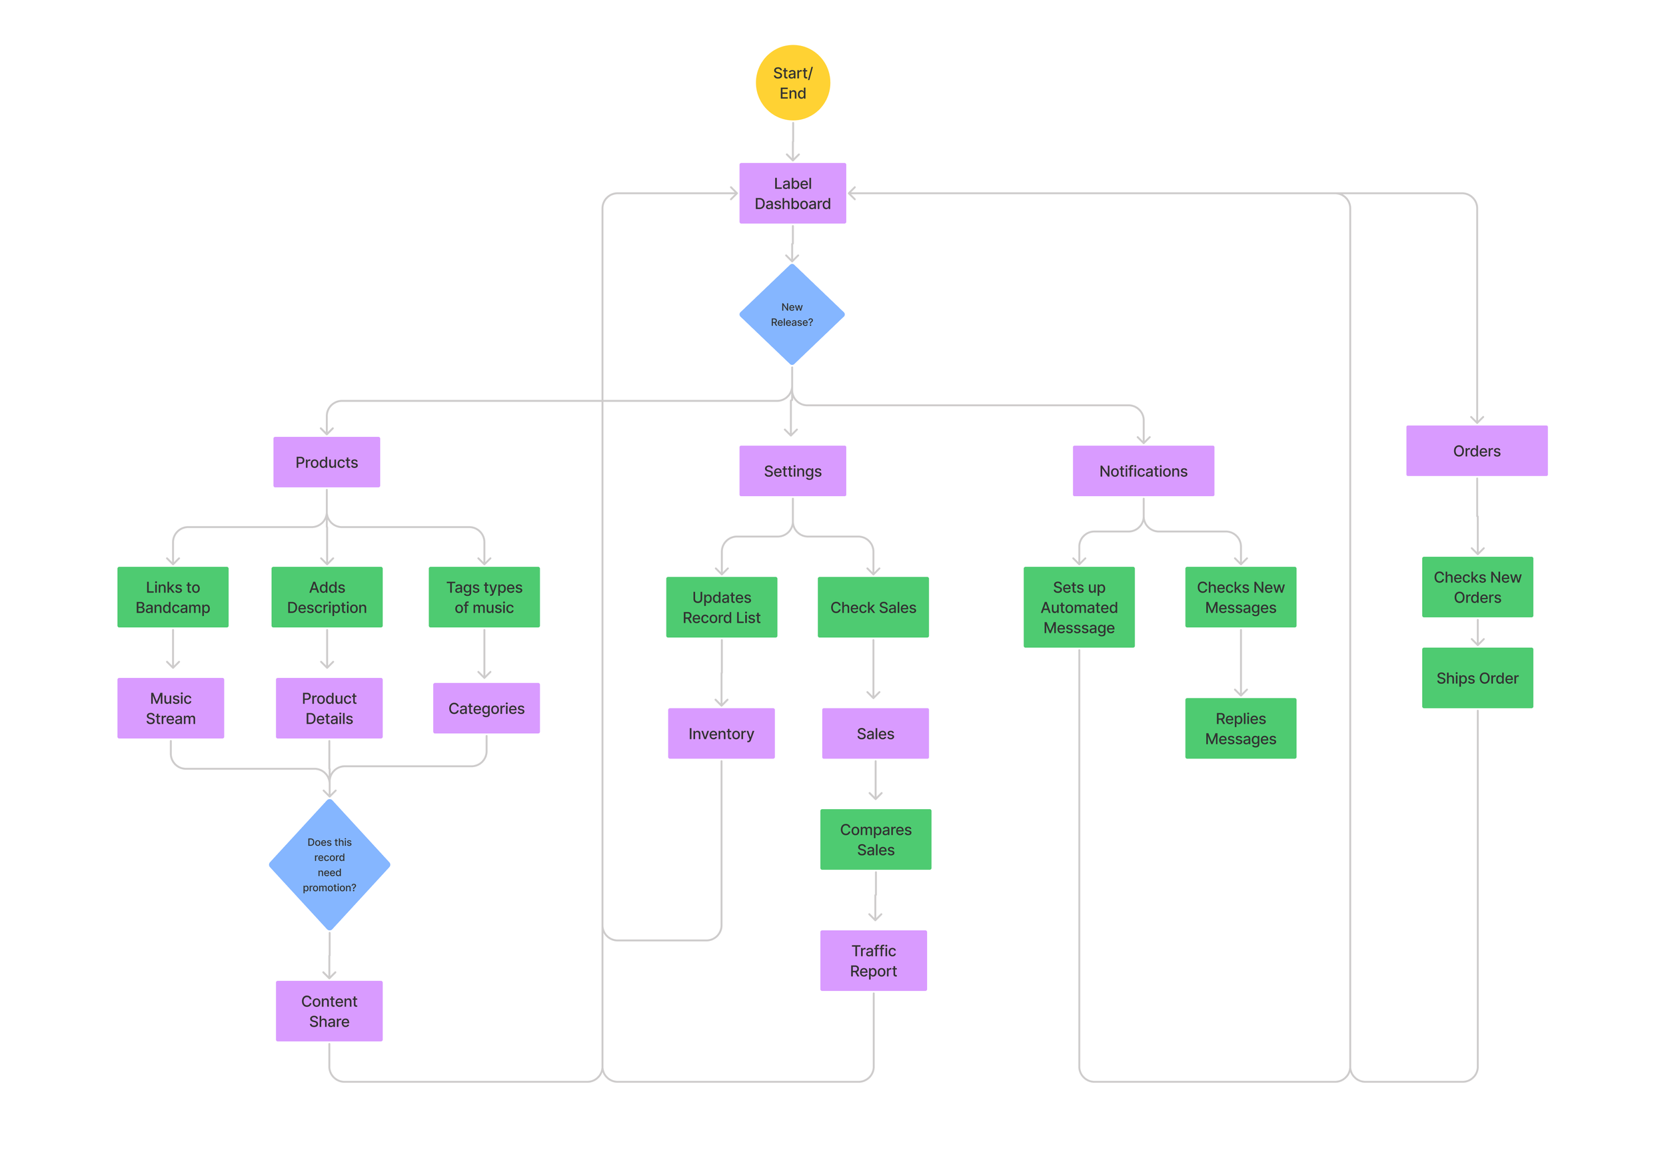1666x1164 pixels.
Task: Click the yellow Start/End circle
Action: tap(792, 83)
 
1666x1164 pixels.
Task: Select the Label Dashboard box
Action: tap(792, 193)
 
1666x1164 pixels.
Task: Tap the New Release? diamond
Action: tap(792, 314)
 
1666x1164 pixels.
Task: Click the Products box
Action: tap(327, 462)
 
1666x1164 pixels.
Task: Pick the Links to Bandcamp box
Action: tap(173, 597)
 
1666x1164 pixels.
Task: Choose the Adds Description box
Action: tap(327, 597)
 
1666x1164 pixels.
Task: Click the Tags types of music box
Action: tap(484, 597)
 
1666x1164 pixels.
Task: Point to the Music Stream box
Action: tap(171, 708)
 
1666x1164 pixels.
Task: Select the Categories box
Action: tap(486, 708)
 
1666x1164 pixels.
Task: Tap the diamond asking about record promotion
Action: tap(329, 864)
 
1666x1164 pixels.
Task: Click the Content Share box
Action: tap(329, 1011)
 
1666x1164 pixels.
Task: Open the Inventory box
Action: tap(721, 733)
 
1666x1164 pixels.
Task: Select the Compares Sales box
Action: tap(876, 839)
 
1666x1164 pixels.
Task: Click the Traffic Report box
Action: tap(874, 960)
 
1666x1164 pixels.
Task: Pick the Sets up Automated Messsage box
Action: tap(1079, 607)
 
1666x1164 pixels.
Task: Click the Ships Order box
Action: tap(1477, 677)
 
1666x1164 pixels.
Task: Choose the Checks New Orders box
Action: tap(1477, 587)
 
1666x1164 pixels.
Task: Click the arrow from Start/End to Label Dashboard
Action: tap(793, 141)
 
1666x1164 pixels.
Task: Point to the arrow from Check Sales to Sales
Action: tap(874, 669)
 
